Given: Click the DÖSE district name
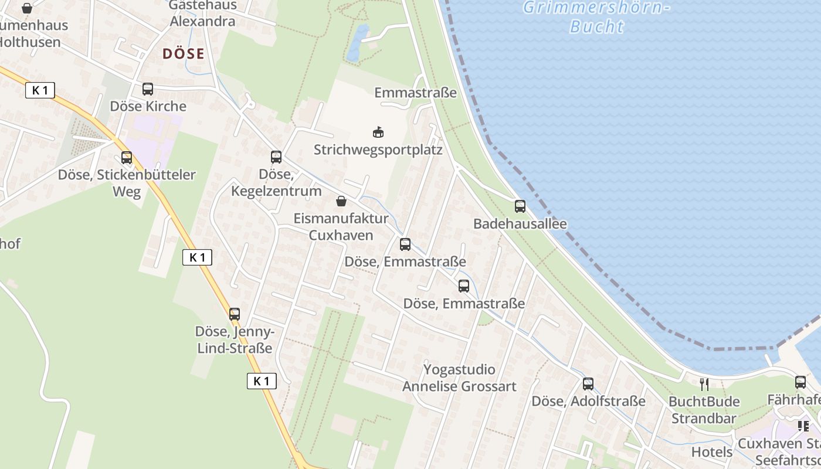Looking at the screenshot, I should pos(184,54).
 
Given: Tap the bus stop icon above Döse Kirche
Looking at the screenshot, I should pos(148,89).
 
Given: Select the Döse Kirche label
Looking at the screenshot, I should pos(148,106).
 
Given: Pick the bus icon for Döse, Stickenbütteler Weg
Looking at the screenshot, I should pos(127,158).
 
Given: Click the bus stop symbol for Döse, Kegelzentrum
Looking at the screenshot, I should pos(276,157).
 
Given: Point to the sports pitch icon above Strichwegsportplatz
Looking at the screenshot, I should pos(378,132).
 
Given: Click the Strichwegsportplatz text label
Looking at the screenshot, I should pos(378,149).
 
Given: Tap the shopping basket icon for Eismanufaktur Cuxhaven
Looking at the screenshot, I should pos(341,202).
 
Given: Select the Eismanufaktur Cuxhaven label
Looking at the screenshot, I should pos(341,227).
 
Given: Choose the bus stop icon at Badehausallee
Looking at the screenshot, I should pos(520,206).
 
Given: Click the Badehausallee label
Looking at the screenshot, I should pos(520,224).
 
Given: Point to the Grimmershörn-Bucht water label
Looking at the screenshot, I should pos(596,17).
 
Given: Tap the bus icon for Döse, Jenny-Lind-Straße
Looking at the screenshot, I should pos(235,314).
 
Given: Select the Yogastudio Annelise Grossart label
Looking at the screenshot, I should pos(459,378).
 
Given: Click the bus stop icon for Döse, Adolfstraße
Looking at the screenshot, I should pos(588,384).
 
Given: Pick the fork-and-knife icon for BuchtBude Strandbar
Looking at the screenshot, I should pos(704,385).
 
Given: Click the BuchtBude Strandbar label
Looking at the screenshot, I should pos(704,410).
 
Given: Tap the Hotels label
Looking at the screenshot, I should pos(712,452).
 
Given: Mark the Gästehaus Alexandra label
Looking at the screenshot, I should pos(202,13).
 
